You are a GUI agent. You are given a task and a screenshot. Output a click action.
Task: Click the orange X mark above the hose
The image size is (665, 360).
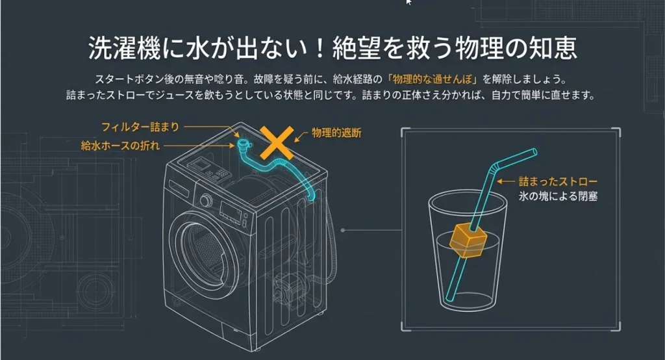pos(277,142)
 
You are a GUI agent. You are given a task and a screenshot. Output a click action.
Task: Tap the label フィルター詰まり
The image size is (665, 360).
pos(140,127)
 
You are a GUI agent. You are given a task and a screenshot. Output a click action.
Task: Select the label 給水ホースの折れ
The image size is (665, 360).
pos(120,146)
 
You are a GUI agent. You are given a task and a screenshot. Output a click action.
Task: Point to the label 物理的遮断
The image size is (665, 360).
pos(336,133)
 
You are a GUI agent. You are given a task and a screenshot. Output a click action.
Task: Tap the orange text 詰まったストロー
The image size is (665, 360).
pos(558,182)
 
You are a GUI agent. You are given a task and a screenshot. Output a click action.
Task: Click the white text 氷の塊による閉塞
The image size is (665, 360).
pos(558,196)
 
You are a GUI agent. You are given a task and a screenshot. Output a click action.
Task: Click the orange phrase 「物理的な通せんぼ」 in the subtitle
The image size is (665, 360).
pos(433,79)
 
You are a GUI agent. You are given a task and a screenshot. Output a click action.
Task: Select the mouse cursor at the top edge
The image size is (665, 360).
pos(408,2)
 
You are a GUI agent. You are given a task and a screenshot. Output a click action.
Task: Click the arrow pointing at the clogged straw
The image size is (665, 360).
pos(506,182)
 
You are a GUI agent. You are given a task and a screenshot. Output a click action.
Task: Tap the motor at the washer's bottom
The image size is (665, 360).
pos(288,289)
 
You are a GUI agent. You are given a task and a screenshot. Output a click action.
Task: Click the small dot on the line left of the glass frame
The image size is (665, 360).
pos(343,231)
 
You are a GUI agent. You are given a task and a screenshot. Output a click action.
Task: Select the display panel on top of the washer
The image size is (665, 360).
pos(201,164)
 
